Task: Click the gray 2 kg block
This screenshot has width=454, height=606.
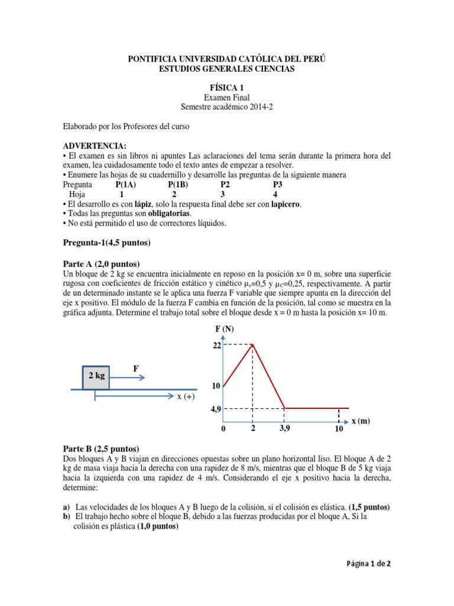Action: (96, 376)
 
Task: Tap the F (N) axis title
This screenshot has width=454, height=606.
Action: (225, 329)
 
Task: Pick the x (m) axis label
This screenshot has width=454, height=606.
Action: (361, 421)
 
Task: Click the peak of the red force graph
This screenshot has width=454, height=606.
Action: (253, 344)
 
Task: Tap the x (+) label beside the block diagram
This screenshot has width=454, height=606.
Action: (186, 397)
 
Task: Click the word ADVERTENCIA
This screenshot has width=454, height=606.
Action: (95, 146)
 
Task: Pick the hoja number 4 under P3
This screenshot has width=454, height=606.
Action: (275, 194)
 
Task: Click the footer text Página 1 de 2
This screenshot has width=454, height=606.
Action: (368, 563)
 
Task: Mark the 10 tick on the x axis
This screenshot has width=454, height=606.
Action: (339, 429)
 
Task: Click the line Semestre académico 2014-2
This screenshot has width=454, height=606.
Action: (227, 107)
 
